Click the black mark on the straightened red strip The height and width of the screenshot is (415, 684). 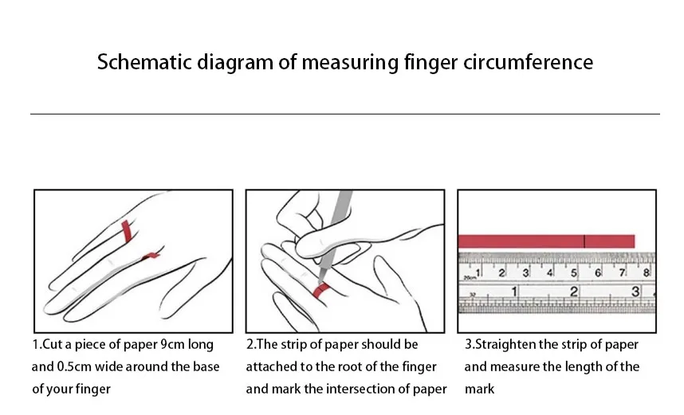tap(584, 241)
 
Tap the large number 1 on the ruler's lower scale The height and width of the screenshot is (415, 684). tap(514, 292)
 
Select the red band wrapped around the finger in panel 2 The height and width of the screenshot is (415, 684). tap(322, 292)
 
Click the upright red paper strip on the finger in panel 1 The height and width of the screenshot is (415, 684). tap(126, 231)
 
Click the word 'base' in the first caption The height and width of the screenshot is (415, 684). tap(204, 367)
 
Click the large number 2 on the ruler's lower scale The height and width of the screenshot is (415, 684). tap(574, 292)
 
